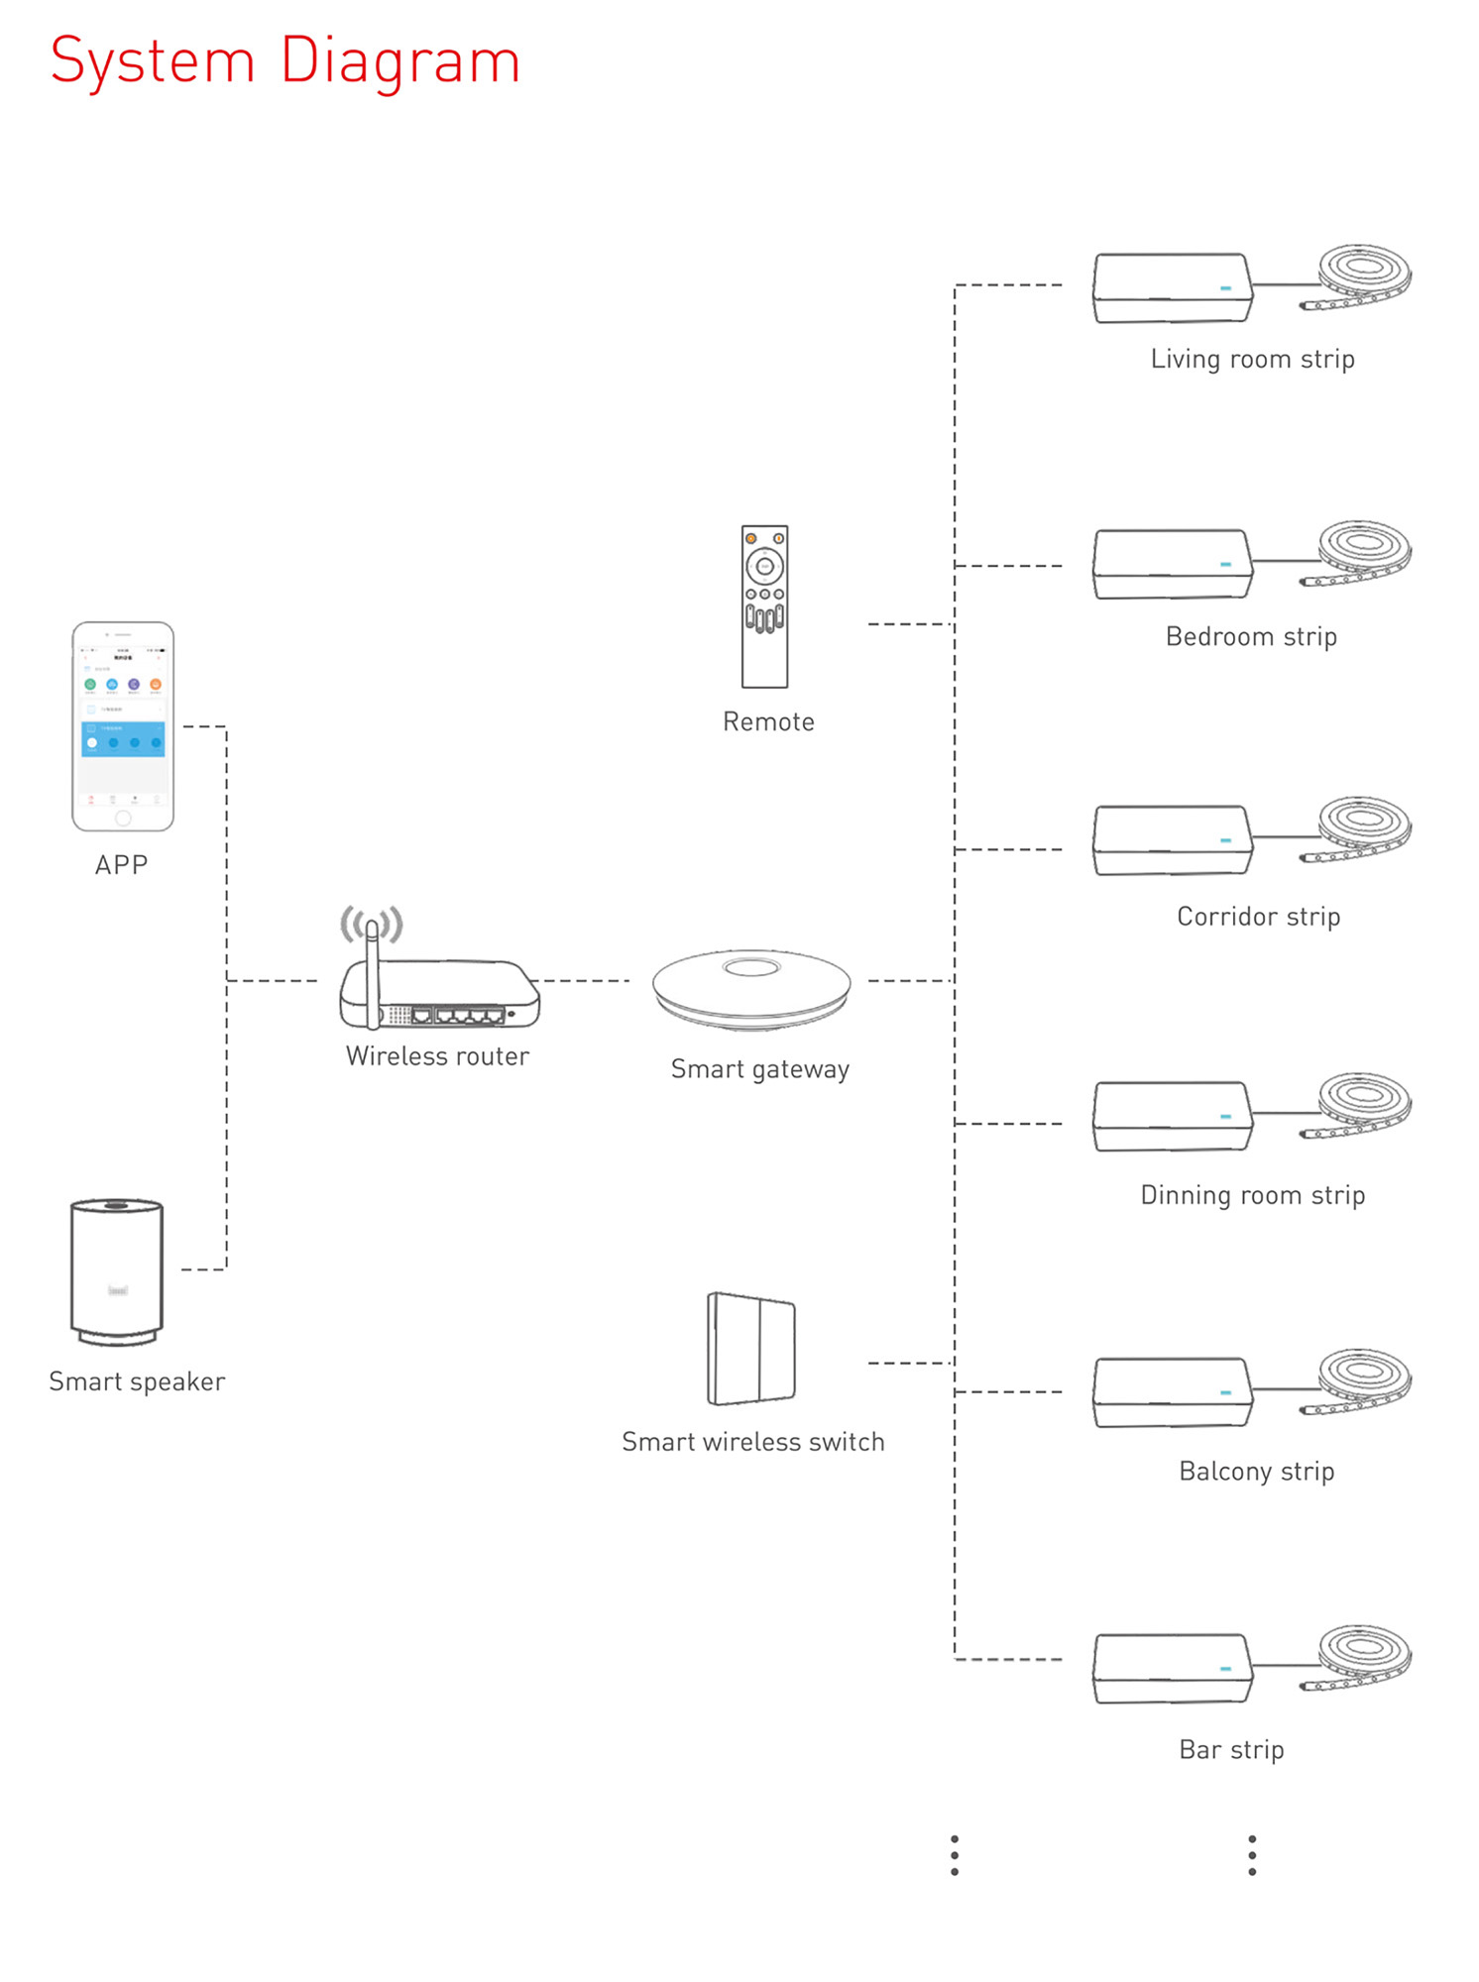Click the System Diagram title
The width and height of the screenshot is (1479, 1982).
coord(285,61)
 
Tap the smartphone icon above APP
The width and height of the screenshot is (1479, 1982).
coord(123,725)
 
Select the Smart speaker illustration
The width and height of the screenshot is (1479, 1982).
coord(117,1271)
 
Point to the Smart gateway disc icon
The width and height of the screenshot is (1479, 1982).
coord(751,988)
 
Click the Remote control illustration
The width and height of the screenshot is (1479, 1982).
coord(764,606)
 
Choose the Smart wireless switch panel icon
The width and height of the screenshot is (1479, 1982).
coord(750,1349)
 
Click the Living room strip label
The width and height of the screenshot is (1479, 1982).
coord(1252,359)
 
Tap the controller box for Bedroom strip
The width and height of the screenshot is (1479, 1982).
coord(1172,564)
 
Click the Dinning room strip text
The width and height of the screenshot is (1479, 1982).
coord(1252,1195)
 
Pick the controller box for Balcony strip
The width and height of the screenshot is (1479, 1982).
coord(1172,1392)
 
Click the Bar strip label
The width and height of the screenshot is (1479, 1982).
coord(1231,1749)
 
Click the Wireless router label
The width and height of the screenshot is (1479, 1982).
coord(437,1056)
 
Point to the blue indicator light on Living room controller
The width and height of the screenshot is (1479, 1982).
coord(1225,288)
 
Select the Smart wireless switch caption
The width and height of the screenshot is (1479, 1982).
coord(752,1442)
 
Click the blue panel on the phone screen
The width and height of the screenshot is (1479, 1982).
coord(123,739)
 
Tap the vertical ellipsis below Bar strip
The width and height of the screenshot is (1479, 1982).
coord(1252,1854)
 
